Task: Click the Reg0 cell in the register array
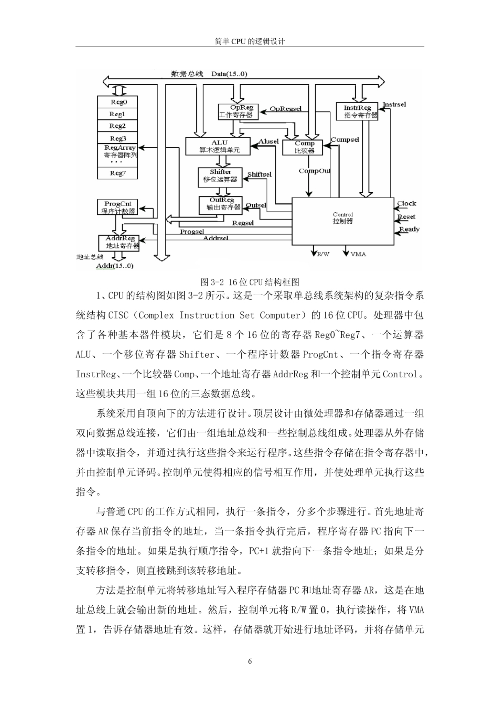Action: click(x=117, y=102)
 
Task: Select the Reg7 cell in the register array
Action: click(x=117, y=173)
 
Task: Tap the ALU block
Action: click(x=218, y=146)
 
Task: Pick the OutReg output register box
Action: click(x=220, y=205)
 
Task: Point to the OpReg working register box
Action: click(x=238, y=111)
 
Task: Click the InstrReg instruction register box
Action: click(x=357, y=111)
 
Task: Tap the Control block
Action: click(x=343, y=221)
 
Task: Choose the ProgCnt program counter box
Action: click(x=117, y=207)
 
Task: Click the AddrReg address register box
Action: click(x=119, y=243)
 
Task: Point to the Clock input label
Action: click(x=407, y=204)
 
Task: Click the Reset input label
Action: click(x=406, y=217)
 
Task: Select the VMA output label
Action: click(x=358, y=254)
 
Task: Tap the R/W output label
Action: click(x=323, y=254)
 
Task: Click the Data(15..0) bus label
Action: click(x=229, y=74)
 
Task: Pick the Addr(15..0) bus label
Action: click(x=115, y=266)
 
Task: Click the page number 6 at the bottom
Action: click(x=250, y=662)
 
